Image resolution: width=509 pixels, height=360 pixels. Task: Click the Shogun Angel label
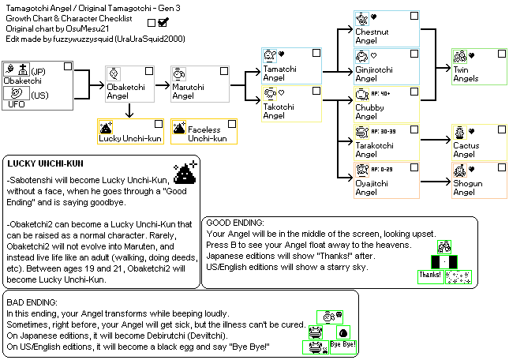point(465,192)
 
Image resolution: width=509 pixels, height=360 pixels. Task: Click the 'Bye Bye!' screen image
point(342,345)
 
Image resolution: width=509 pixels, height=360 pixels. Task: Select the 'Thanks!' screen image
point(430,276)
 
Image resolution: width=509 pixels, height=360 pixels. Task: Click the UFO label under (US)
point(17,103)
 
